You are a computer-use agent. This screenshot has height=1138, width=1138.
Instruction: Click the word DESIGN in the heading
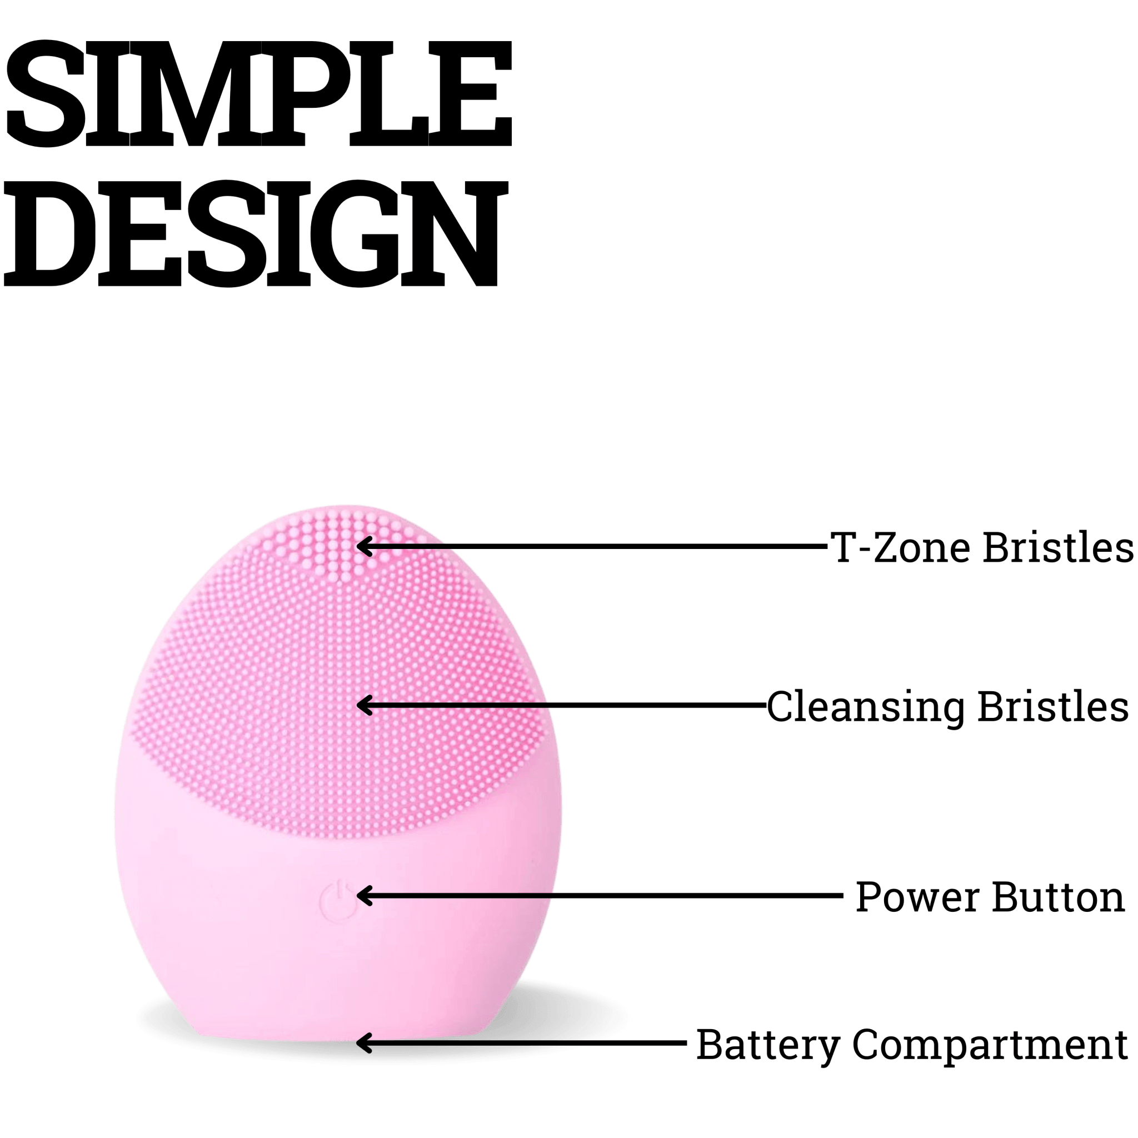tap(256, 233)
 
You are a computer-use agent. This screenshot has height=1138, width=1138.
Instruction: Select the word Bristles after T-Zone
tap(1059, 547)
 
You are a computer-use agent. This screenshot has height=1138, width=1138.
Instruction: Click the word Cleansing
tap(866, 707)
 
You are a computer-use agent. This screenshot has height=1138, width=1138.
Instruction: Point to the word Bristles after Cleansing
tap(1053, 706)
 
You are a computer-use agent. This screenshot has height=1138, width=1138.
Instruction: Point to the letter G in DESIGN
tap(355, 233)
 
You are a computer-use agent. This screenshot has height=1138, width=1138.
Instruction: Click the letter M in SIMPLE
tap(196, 93)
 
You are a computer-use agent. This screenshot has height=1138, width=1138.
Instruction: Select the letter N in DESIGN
tap(454, 233)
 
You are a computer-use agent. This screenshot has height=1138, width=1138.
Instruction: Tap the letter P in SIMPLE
tap(305, 93)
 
